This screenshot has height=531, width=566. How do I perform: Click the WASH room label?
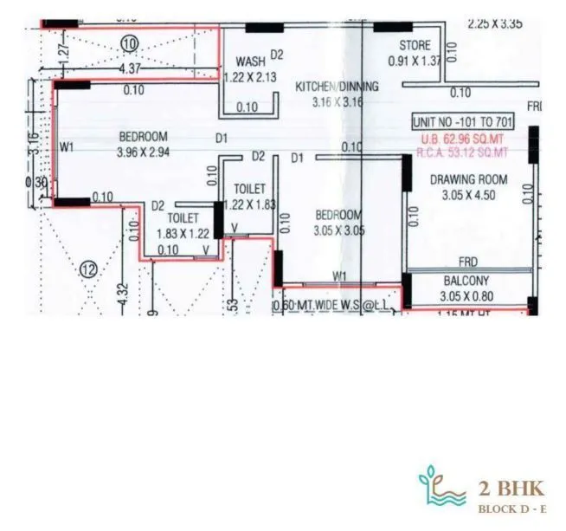pyautogui.click(x=250, y=62)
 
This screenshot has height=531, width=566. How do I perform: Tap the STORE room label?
pyautogui.click(x=415, y=45)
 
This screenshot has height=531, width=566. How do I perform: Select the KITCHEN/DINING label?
pyautogui.click(x=337, y=87)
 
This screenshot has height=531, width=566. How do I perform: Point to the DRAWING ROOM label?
pyautogui.click(x=468, y=180)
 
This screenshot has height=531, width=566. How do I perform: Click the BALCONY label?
pyautogui.click(x=466, y=281)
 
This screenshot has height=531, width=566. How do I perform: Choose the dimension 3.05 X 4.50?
pyautogui.click(x=468, y=195)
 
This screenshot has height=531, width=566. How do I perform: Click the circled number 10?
pyautogui.click(x=131, y=42)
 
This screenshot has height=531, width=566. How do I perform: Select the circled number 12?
pyautogui.click(x=89, y=269)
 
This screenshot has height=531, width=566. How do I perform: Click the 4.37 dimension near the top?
pyautogui.click(x=130, y=68)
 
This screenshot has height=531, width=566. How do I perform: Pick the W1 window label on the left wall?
pyautogui.click(x=67, y=146)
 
